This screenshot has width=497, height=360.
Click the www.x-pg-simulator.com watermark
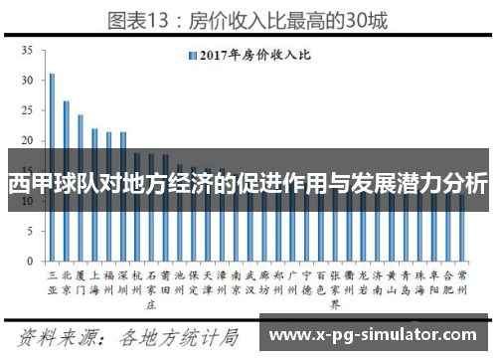(375, 335)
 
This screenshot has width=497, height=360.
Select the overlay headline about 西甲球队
(248, 185)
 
